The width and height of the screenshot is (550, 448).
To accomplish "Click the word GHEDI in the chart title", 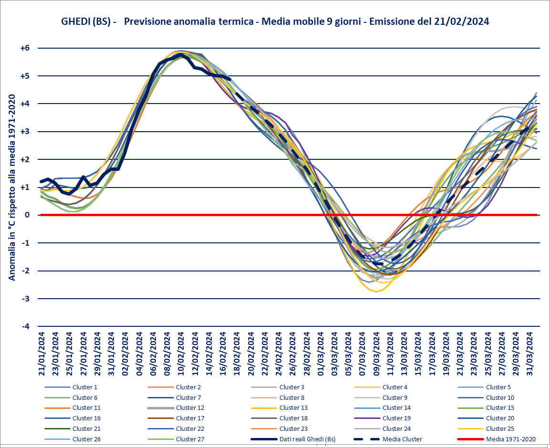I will pos(75,21).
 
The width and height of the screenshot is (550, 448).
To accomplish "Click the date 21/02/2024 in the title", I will pos(461,21).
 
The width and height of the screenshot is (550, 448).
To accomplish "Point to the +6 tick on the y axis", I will pos(25,48).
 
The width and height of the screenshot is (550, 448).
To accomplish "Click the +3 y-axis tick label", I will pos(25,132).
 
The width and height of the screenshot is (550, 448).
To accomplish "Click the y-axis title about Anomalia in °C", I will pos(12,187).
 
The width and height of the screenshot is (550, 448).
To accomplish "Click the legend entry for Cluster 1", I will pos(84,387).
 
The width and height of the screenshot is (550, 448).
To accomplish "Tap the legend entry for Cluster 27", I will pos(190,439).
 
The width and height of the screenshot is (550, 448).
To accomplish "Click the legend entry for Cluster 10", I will pos(500,397).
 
